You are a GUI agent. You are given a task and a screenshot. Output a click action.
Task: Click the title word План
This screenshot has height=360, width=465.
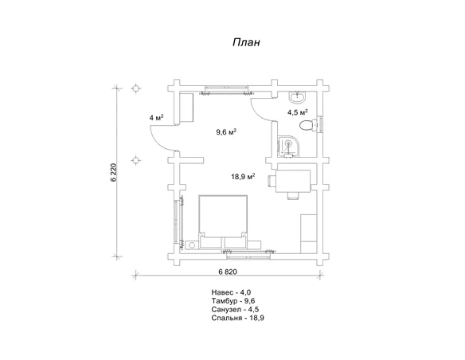click(246, 42)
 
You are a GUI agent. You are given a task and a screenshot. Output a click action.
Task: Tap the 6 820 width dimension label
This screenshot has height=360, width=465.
click(228, 272)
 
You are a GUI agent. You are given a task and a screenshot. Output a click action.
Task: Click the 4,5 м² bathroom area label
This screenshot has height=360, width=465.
click(297, 112)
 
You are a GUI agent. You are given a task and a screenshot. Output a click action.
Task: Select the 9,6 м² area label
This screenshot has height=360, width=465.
click(226, 131)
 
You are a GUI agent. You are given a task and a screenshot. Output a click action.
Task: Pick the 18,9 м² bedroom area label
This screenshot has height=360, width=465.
click(243, 177)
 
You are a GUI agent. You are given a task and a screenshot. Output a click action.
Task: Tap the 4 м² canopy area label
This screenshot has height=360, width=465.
click(157, 118)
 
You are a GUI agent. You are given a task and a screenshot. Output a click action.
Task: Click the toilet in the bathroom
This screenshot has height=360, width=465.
click(309, 126)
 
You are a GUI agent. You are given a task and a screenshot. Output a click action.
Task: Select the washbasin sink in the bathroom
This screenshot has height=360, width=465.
click(298, 97)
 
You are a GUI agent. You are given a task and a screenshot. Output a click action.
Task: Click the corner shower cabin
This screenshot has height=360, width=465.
click(288, 147)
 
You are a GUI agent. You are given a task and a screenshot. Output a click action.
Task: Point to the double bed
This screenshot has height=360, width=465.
click(223, 221)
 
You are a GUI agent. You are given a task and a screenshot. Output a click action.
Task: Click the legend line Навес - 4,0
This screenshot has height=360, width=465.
click(231, 292)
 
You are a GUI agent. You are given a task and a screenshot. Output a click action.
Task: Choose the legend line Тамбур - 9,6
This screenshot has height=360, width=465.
click(233, 301)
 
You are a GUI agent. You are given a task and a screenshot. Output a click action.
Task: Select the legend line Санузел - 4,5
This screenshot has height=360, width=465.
click(235, 310)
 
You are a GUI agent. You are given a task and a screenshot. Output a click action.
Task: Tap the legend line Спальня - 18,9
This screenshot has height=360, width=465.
click(238, 319)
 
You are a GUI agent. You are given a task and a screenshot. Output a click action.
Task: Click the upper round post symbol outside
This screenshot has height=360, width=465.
click(136, 88)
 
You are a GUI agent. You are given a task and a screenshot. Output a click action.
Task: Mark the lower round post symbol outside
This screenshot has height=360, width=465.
click(136, 160)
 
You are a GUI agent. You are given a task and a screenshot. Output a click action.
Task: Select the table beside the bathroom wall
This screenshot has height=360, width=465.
click(293, 181)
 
